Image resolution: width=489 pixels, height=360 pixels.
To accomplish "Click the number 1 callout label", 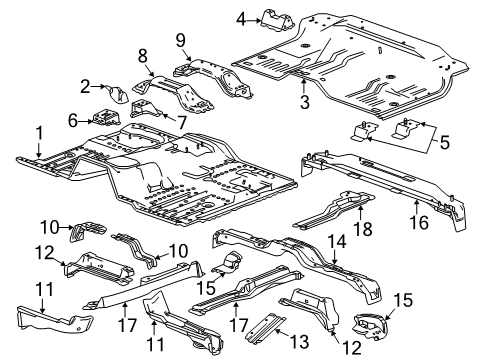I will pyautogui.click(x=38, y=133).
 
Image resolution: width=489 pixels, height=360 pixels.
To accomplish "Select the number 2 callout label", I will pyautogui.click(x=86, y=87).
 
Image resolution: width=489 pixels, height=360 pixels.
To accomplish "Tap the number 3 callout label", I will pyautogui.click(x=302, y=101).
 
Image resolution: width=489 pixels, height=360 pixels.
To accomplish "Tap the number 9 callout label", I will pyautogui.click(x=181, y=40).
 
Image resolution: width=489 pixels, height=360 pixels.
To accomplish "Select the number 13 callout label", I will pyautogui.click(x=277, y=342).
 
